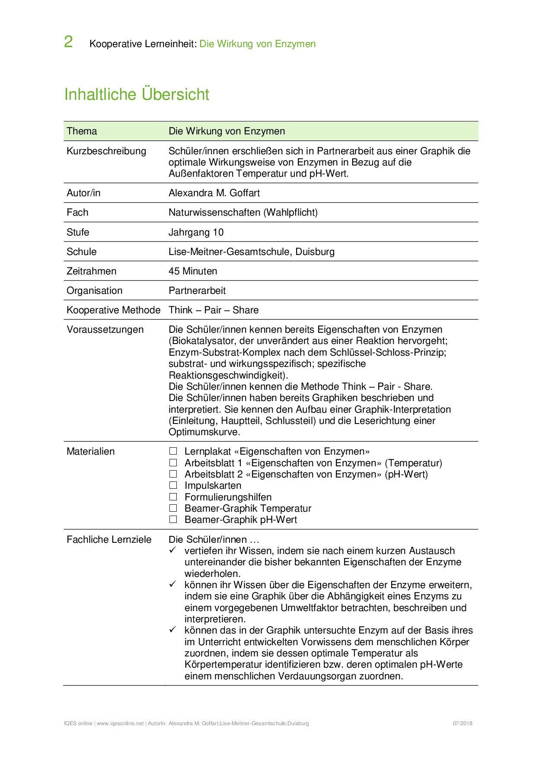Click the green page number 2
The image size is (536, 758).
point(68,42)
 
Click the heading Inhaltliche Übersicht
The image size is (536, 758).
point(137,94)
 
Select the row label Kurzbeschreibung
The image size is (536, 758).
point(106,151)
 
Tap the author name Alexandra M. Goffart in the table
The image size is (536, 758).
point(214,193)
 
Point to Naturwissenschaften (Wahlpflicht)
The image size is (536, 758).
point(243,212)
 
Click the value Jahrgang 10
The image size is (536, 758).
point(196,232)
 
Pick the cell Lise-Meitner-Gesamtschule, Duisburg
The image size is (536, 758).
point(251,252)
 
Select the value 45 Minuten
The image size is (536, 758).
point(193,271)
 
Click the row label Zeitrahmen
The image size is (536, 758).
point(92,271)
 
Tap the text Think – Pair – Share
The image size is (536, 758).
point(214,310)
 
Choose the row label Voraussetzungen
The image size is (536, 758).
point(105,329)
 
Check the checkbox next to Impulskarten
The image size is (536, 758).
point(173,485)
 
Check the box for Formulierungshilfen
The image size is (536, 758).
point(173,497)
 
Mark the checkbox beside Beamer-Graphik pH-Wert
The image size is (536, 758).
point(173,519)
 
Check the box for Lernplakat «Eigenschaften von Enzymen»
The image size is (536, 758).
point(173,451)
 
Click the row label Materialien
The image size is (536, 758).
point(91,451)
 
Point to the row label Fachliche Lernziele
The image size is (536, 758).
point(109,539)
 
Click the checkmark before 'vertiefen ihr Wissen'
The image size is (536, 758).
point(173,550)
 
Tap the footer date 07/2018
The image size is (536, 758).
point(463,723)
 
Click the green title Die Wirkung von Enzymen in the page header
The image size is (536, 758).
point(258,44)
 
